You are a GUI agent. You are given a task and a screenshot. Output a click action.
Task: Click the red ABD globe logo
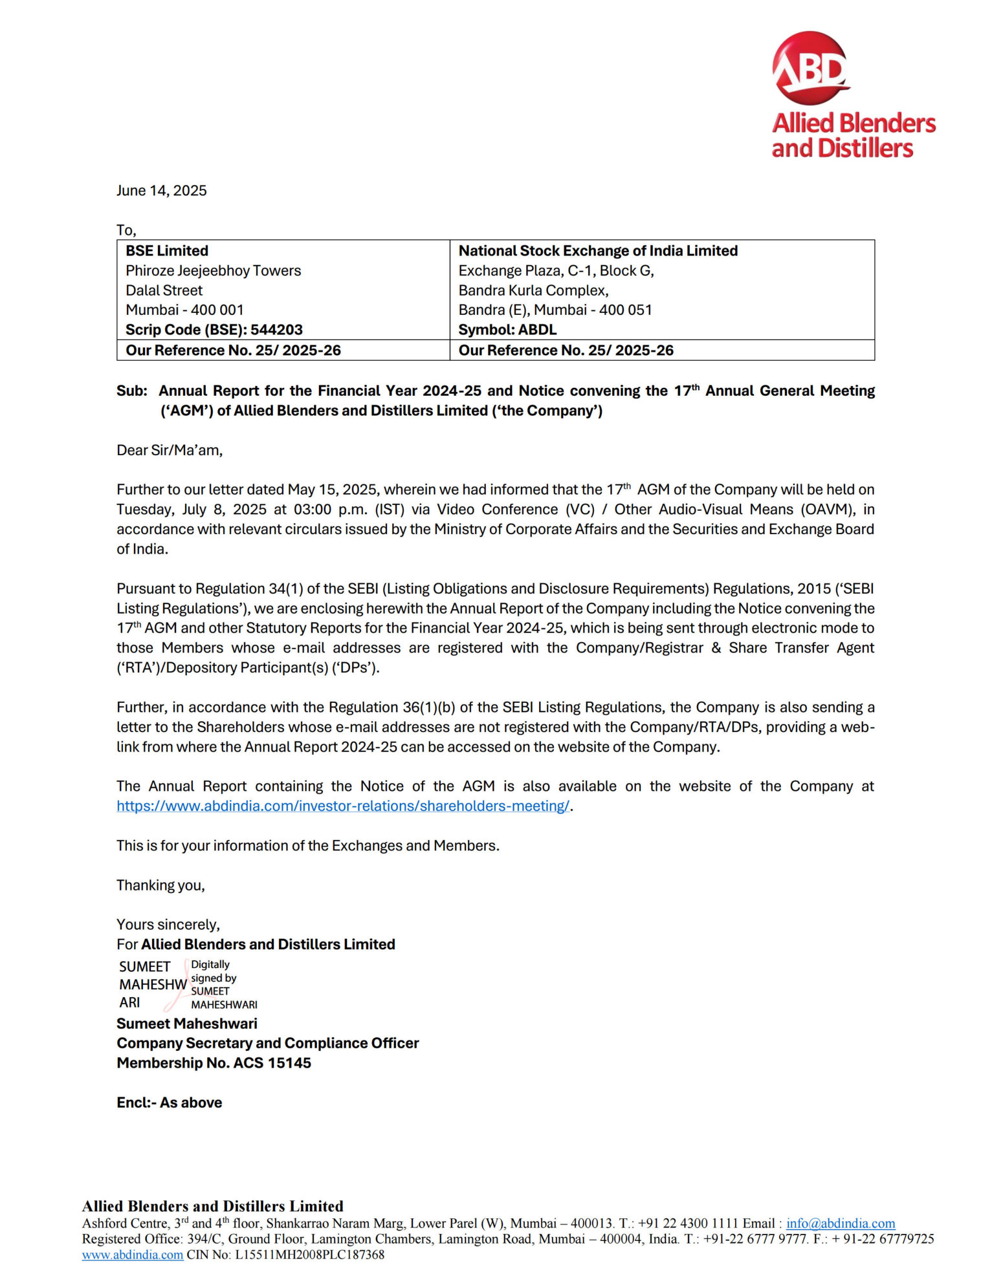point(810,68)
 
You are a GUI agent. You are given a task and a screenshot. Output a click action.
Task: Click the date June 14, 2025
point(161,191)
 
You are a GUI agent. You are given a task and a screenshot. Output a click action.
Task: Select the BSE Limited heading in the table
point(167,251)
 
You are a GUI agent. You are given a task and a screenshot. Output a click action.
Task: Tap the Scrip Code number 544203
point(276,330)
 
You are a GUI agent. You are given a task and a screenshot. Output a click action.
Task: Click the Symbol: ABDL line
point(507,330)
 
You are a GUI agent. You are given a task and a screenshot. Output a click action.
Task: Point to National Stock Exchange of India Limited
point(598,251)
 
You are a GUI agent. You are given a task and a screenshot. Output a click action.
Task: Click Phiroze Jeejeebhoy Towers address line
point(213,271)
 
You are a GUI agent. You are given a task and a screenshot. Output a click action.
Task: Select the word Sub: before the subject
point(132,391)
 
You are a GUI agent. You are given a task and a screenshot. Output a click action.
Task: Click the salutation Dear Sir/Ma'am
point(170,451)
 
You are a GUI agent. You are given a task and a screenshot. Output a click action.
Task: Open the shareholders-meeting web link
point(343,806)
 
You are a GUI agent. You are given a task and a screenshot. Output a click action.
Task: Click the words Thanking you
point(160,885)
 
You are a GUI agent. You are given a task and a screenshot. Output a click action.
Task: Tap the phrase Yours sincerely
point(168,925)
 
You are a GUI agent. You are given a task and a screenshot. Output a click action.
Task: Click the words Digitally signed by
point(213,971)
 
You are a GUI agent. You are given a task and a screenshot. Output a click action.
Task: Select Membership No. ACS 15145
point(214,1063)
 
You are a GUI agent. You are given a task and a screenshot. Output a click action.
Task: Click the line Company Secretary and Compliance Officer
point(267,1043)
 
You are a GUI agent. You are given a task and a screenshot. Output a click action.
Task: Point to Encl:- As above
point(169,1103)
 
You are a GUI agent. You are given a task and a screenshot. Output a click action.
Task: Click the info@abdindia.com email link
point(840,1224)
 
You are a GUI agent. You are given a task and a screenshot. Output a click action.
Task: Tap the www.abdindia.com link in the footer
point(132,1255)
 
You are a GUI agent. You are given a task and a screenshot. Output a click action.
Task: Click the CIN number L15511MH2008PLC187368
point(309,1255)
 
